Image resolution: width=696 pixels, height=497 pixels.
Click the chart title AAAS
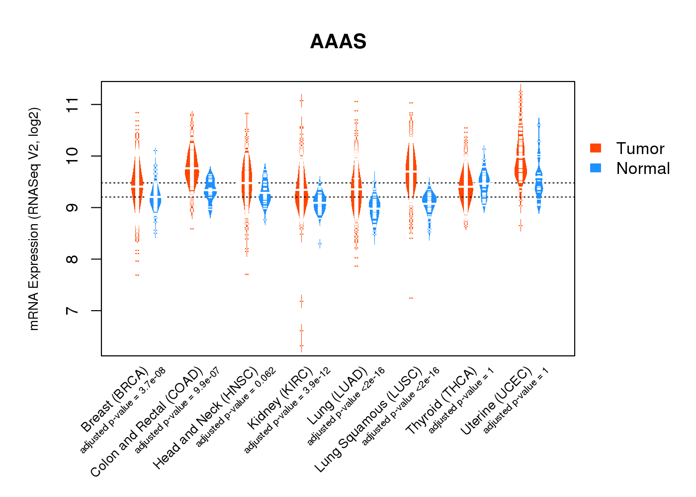click(338, 42)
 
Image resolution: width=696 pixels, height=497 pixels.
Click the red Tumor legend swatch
click(595, 148)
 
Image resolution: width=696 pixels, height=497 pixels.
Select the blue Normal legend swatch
click(595, 168)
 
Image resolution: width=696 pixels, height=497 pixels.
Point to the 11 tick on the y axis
click(73, 104)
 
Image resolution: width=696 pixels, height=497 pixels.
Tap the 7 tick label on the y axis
click(73, 311)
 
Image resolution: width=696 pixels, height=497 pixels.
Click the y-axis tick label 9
click(73, 208)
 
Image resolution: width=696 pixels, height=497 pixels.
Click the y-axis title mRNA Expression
click(34, 219)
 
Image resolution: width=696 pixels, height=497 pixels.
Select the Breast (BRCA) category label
click(115, 400)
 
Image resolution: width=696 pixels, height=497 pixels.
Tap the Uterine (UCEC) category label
click(496, 401)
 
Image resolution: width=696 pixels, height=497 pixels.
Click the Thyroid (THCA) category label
click(441, 401)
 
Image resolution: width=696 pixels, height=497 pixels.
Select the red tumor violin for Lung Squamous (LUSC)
click(411, 169)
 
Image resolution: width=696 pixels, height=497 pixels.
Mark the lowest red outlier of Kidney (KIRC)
click(301, 345)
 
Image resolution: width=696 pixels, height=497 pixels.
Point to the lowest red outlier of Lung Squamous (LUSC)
click(411, 298)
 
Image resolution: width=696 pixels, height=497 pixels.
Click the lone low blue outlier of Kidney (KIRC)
click(320, 244)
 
